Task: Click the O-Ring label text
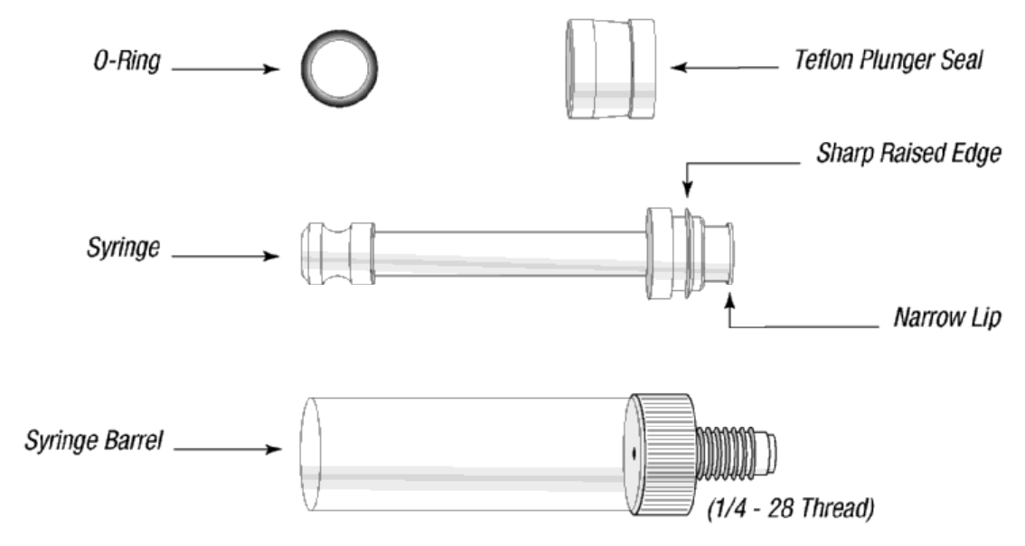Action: tap(127, 61)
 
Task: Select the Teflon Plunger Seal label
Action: tap(889, 61)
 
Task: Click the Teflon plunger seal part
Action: tap(610, 69)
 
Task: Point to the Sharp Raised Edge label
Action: tap(908, 153)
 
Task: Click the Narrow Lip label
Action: tap(947, 318)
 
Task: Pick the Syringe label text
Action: tap(124, 248)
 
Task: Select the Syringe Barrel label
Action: tap(93, 441)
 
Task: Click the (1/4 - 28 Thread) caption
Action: tap(790, 508)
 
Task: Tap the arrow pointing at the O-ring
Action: tap(226, 69)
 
